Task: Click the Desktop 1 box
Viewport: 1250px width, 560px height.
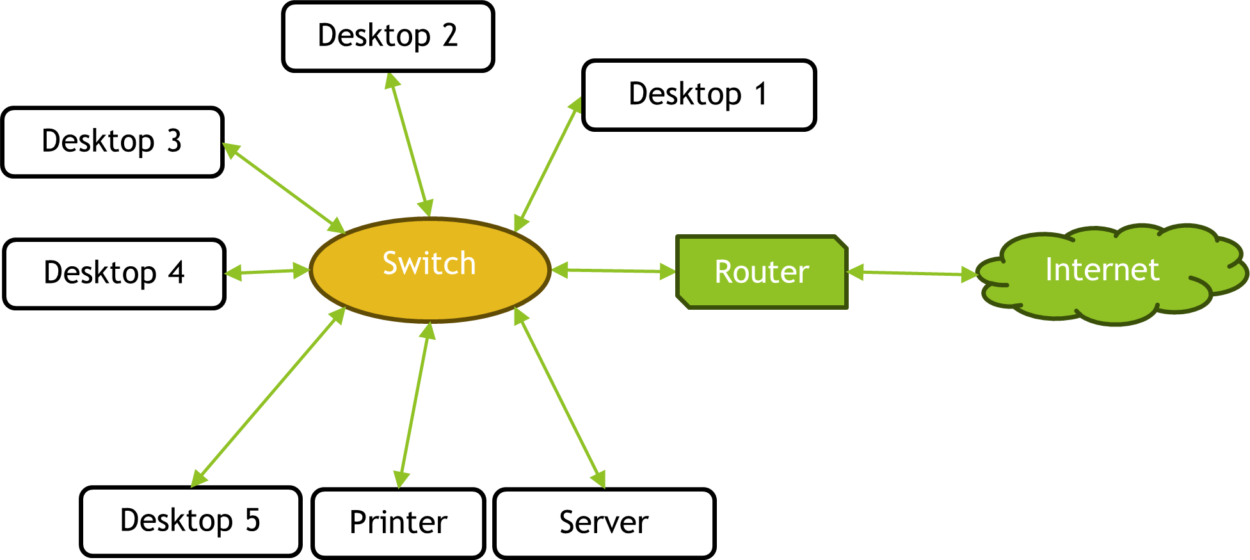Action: (698, 95)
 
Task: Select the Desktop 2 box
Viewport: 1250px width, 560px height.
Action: (388, 36)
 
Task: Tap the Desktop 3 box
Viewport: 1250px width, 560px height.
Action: (112, 141)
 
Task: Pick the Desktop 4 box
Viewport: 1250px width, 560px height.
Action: (114, 273)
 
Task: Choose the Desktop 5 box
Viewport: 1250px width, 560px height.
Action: (190, 521)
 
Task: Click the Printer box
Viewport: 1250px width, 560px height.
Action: (398, 523)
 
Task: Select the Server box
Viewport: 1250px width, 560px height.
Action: (604, 523)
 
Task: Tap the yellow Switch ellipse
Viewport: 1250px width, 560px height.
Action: (429, 269)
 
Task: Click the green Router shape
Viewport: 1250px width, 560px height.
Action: (762, 272)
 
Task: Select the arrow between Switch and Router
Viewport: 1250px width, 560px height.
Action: (613, 271)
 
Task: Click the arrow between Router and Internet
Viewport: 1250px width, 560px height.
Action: (913, 273)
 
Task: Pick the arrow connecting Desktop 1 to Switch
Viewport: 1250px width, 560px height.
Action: (548, 164)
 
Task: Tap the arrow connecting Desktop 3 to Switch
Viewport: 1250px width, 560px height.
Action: (284, 188)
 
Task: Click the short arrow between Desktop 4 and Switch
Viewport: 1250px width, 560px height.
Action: (267, 272)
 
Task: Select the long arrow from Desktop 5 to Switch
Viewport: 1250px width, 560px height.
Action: (268, 397)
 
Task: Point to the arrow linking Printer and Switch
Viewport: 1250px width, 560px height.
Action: (415, 405)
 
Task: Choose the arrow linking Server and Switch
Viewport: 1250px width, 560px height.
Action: (559, 397)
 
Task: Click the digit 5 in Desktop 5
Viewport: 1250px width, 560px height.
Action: (253, 520)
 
